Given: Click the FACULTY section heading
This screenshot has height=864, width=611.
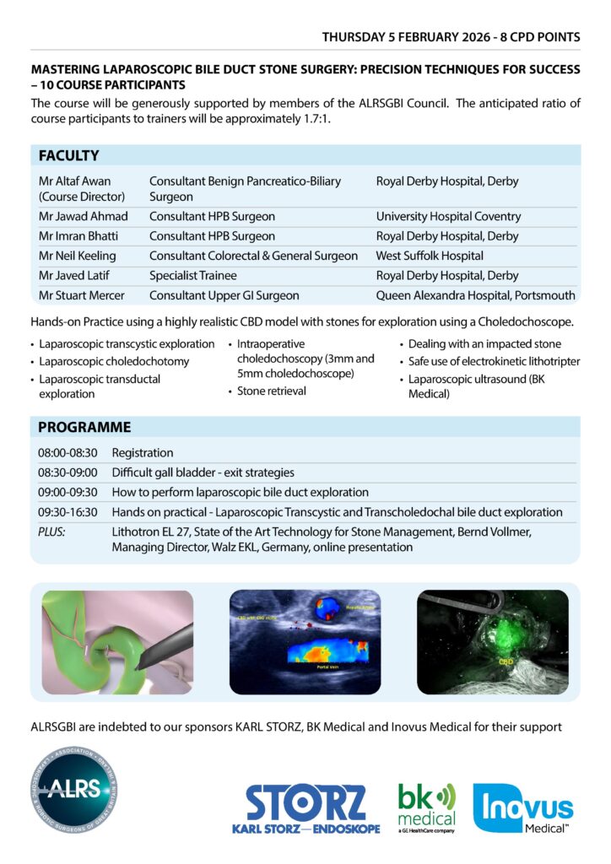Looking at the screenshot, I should [x=68, y=155].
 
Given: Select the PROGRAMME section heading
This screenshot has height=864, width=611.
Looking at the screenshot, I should [x=84, y=427].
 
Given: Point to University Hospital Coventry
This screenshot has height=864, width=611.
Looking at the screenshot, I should [x=448, y=217].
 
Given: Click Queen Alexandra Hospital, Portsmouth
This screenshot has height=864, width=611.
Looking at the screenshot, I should [x=475, y=295].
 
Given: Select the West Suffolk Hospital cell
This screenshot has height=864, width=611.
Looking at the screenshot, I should [x=430, y=256].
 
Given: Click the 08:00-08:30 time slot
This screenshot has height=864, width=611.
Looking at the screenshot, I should [x=68, y=453].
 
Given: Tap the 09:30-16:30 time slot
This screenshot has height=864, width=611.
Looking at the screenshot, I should [x=68, y=512].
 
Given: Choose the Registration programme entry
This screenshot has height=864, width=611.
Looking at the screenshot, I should [x=143, y=453].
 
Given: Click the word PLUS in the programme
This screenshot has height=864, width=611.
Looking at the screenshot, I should [x=51, y=532].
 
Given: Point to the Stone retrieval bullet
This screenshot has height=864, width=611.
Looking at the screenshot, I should [x=271, y=391].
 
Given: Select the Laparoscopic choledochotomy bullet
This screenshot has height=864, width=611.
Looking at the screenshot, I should [x=114, y=362].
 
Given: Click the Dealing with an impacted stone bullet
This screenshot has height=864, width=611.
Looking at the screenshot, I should [x=484, y=344].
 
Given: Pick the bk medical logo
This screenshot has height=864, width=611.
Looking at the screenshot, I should [x=426, y=807].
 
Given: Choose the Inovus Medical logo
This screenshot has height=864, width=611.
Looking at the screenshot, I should [x=523, y=808].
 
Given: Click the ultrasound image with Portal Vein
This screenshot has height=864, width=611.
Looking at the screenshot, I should [x=305, y=640].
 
